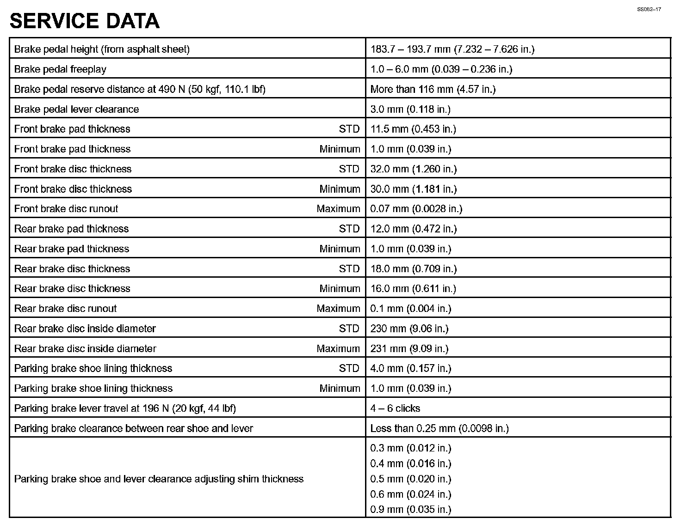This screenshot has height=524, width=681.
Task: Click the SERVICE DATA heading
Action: coord(85,21)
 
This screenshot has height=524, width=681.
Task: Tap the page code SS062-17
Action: coord(649,9)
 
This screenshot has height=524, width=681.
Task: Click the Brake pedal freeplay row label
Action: coord(60,69)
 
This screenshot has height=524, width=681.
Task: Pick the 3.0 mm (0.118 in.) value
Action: coord(410,109)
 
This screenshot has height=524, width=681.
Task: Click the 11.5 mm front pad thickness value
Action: coord(413,129)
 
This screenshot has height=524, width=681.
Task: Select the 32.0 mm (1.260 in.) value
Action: coord(413,169)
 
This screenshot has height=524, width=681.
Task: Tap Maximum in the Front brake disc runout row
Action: coord(338,209)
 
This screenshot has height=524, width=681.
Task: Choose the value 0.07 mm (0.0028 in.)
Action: coord(416,209)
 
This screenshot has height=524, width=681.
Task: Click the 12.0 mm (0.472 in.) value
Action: coord(413,229)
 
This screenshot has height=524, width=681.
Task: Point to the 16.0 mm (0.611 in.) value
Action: coord(413,289)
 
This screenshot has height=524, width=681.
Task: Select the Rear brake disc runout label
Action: coord(65,309)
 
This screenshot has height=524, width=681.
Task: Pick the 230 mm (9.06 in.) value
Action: coord(409,329)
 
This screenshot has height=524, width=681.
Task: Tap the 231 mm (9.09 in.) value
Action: coord(409,348)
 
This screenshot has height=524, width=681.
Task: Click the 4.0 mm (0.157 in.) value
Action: coord(410,368)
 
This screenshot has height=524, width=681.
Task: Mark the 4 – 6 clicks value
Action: coord(395,408)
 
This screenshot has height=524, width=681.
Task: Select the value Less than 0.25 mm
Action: coord(439,428)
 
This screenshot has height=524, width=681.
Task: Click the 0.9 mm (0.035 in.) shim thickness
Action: coord(410,510)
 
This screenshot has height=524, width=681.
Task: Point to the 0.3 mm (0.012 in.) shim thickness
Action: coord(410,448)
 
